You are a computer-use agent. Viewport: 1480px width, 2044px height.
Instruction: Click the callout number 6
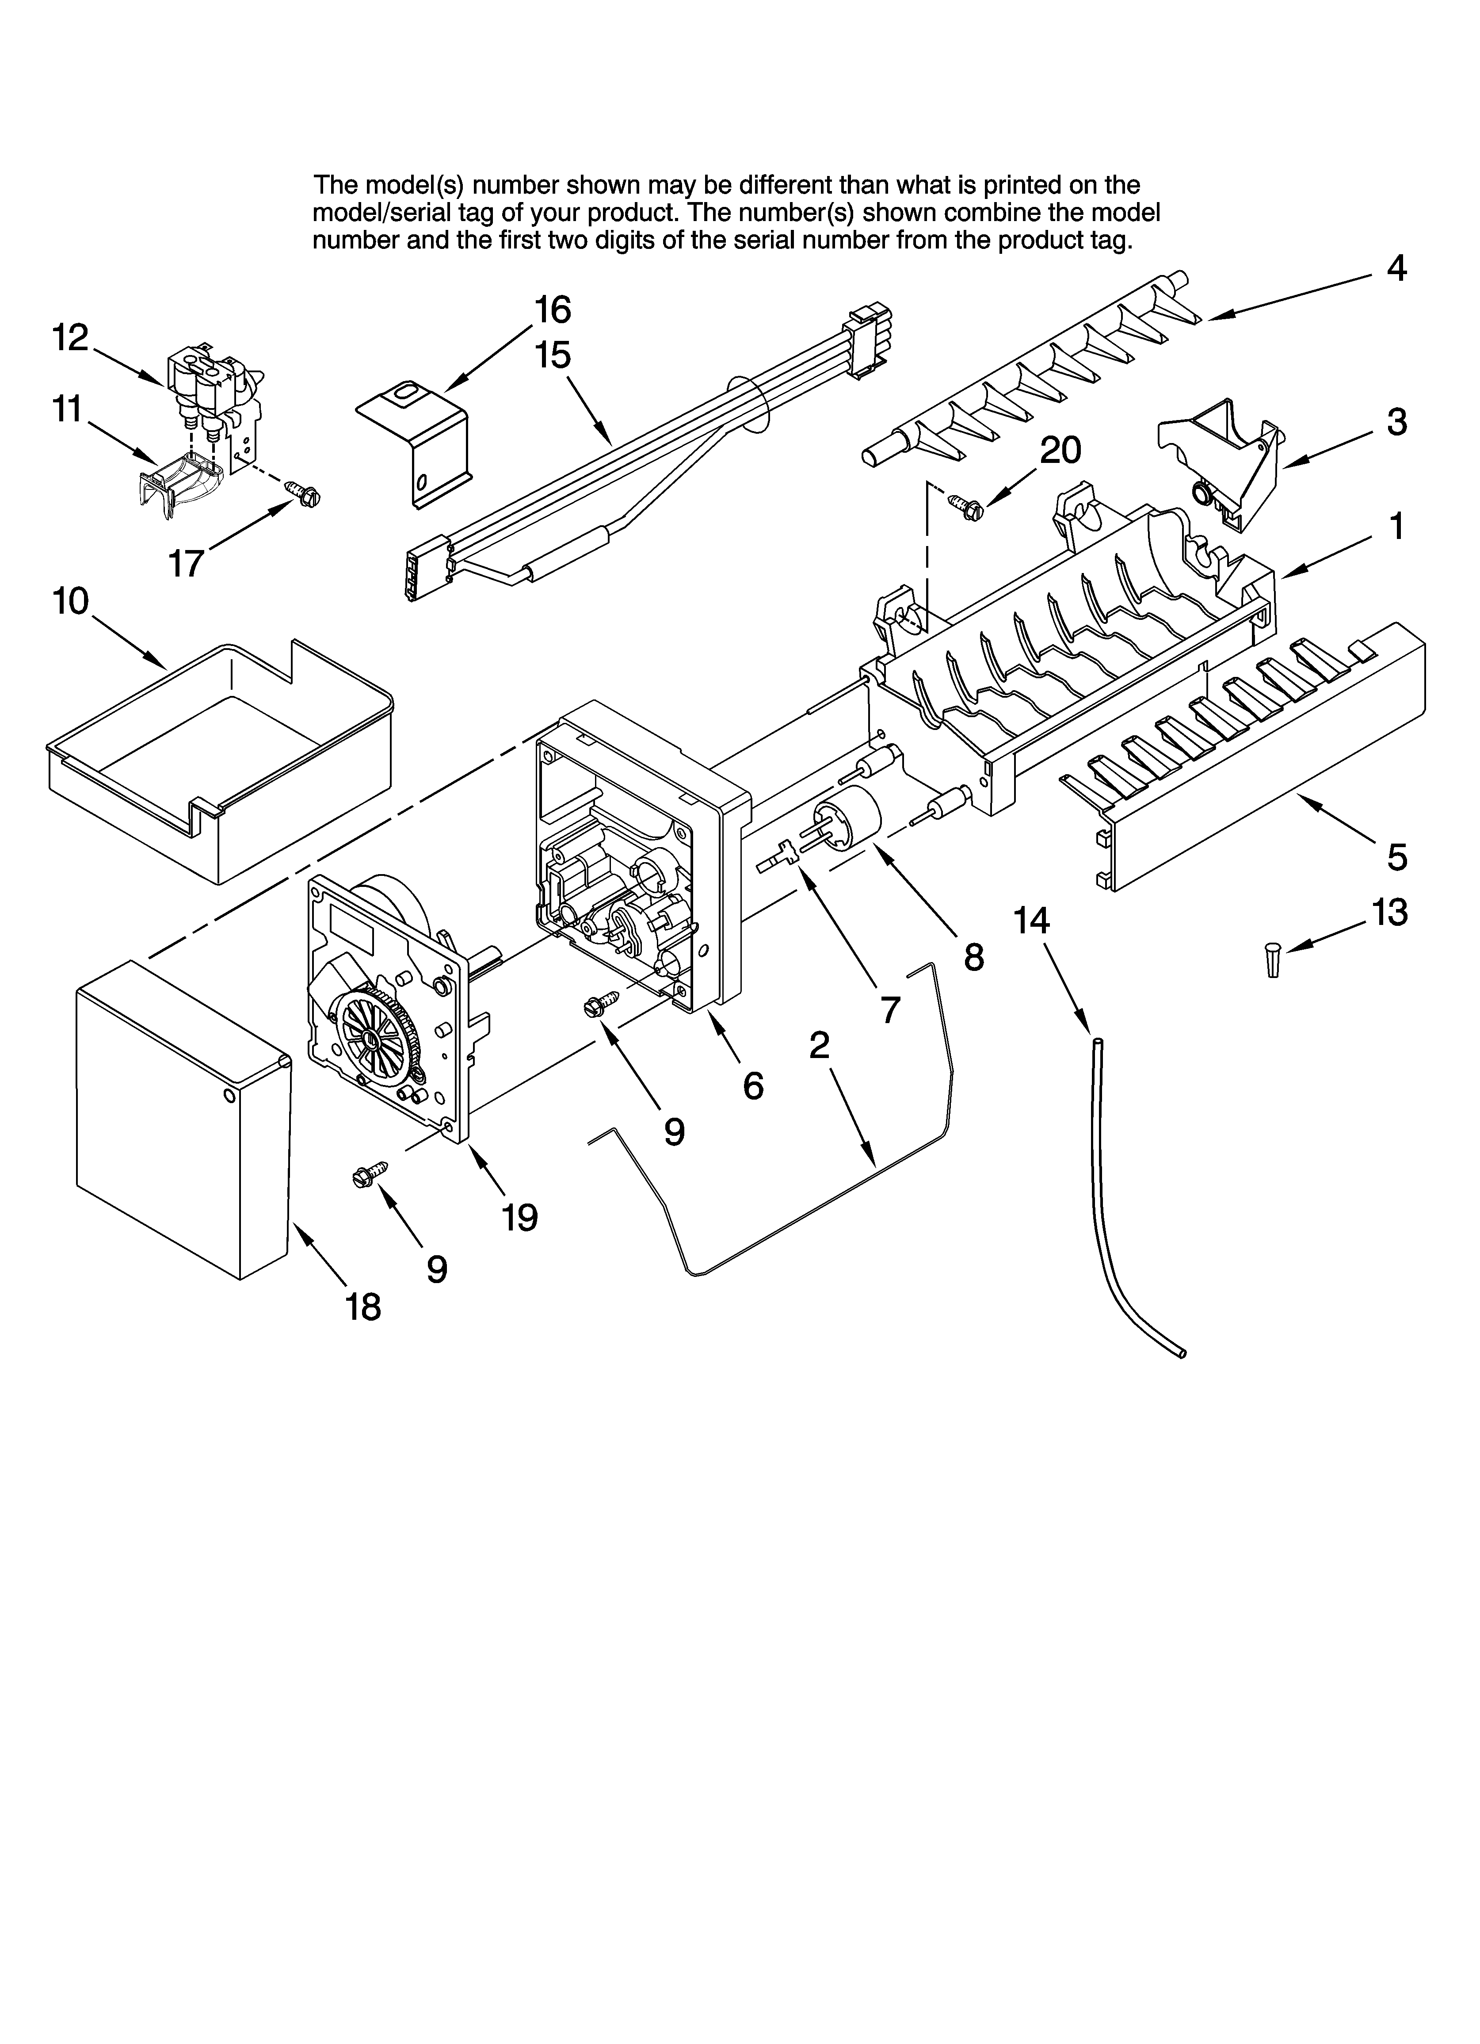click(754, 1086)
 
